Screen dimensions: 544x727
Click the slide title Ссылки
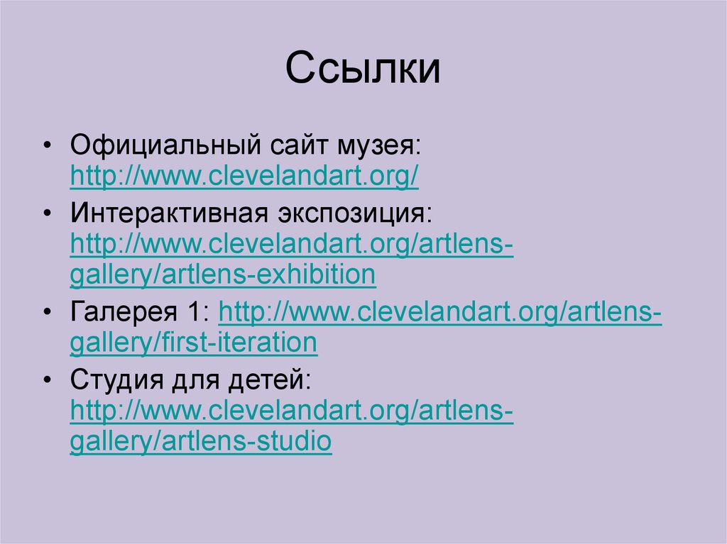[x=363, y=70]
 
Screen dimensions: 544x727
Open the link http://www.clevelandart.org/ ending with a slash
[x=244, y=177]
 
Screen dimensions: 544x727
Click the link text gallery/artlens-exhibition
[x=222, y=274]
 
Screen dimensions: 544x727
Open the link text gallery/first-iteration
[x=193, y=343]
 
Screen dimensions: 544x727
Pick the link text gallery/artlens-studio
[x=200, y=441]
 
